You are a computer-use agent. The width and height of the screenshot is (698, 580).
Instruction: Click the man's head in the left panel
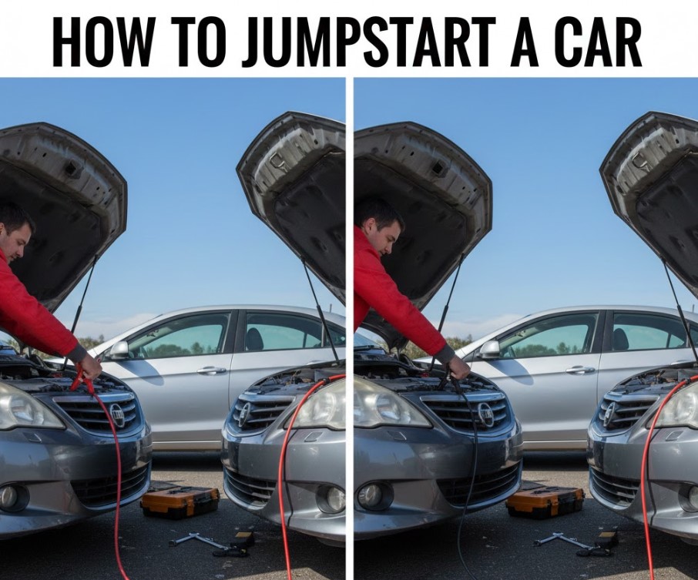click(x=15, y=233)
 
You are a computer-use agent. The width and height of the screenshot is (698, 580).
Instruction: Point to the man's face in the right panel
click(x=387, y=236)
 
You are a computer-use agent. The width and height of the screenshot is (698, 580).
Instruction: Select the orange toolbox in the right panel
click(x=545, y=500)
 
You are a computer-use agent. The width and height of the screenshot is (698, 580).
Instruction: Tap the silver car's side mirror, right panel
click(x=488, y=350)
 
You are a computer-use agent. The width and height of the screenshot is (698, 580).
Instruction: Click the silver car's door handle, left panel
click(x=211, y=370)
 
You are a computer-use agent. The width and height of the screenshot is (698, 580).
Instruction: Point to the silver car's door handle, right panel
click(x=580, y=370)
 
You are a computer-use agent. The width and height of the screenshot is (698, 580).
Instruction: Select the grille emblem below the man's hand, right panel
click(x=485, y=412)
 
